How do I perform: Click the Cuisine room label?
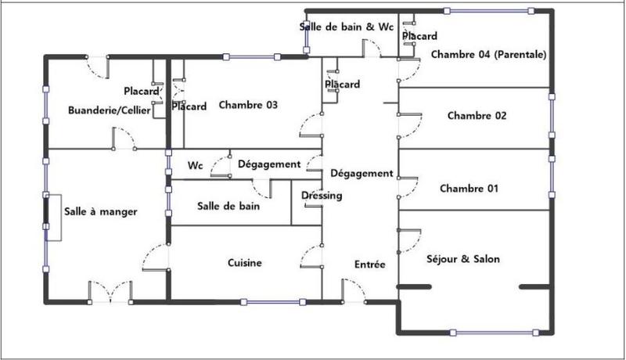pyautogui.click(x=245, y=263)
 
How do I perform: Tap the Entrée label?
pyautogui.click(x=370, y=265)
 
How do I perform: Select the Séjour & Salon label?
pyautogui.click(x=463, y=259)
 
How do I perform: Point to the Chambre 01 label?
pyautogui.click(x=469, y=189)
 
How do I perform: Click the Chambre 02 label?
pyautogui.click(x=477, y=116)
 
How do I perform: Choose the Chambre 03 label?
pyautogui.click(x=248, y=105)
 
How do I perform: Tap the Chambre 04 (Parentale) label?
pyautogui.click(x=488, y=55)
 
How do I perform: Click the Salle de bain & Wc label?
pyautogui.click(x=347, y=26)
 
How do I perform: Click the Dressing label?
pyautogui.click(x=322, y=196)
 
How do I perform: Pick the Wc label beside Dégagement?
pyautogui.click(x=196, y=166)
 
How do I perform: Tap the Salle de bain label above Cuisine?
pyautogui.click(x=228, y=207)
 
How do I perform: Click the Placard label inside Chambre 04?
pyautogui.click(x=419, y=36)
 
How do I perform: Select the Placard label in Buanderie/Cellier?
pyautogui.click(x=141, y=91)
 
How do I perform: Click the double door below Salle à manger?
pyautogui.click(x=110, y=293)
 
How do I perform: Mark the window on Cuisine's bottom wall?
pyautogui.click(x=274, y=301)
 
